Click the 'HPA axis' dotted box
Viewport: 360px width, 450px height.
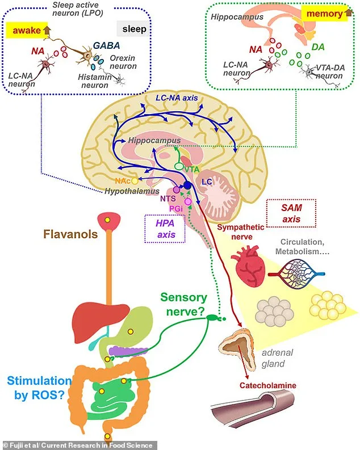pos(161,228)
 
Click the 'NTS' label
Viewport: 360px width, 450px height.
pos(168,198)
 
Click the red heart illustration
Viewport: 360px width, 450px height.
pos(249,268)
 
